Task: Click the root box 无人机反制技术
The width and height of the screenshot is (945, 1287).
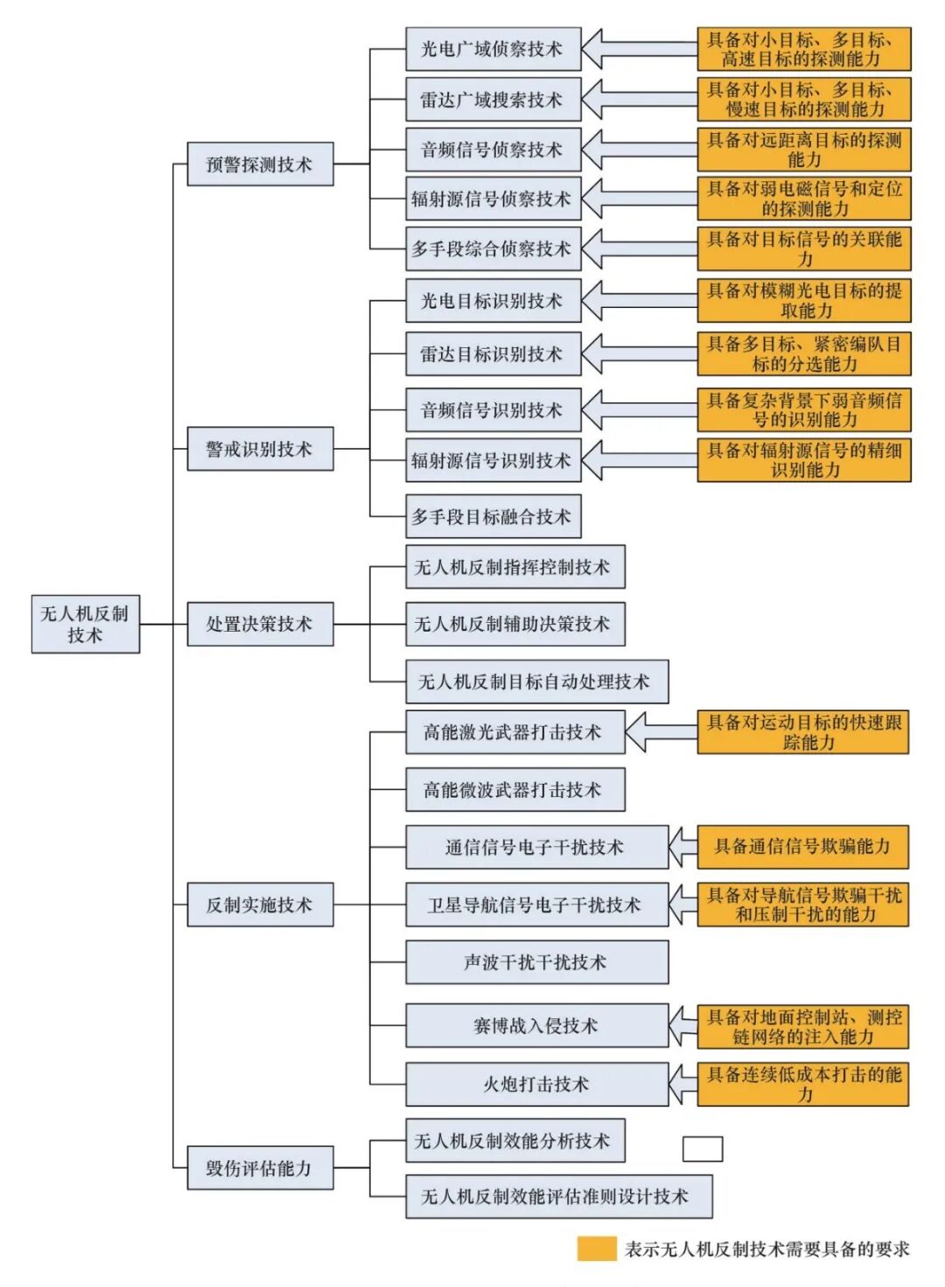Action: (x=85, y=624)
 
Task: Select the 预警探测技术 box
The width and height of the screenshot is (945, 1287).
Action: (x=260, y=164)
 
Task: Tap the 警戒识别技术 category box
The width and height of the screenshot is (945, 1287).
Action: (x=260, y=449)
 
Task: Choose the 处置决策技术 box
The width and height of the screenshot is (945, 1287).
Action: (x=260, y=624)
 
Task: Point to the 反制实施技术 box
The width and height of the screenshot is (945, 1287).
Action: (x=260, y=905)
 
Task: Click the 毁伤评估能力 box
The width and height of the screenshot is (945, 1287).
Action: (x=260, y=1168)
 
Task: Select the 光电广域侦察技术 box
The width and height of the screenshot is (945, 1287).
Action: (x=493, y=49)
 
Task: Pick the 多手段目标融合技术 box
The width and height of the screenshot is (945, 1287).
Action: (x=493, y=517)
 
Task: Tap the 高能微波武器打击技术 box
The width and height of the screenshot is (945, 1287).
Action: (x=514, y=790)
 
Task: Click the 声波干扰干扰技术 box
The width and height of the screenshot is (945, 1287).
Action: (x=536, y=962)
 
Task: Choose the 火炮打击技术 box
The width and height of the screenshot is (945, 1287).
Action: (x=536, y=1085)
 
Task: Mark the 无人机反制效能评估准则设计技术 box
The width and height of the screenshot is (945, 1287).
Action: (x=558, y=1196)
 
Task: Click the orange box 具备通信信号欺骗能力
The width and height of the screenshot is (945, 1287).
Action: (x=802, y=847)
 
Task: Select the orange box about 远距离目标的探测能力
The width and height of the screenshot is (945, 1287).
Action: (x=804, y=150)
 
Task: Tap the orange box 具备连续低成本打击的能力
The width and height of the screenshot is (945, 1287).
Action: (x=802, y=1085)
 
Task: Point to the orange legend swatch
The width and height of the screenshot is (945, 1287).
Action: (x=596, y=1249)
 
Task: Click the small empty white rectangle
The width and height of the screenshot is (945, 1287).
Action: (x=702, y=1149)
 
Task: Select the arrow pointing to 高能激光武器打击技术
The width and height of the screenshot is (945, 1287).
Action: (x=661, y=732)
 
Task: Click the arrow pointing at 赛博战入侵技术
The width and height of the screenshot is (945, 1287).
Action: (x=682, y=1026)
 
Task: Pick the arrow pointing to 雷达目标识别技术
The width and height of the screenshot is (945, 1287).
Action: (x=639, y=354)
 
